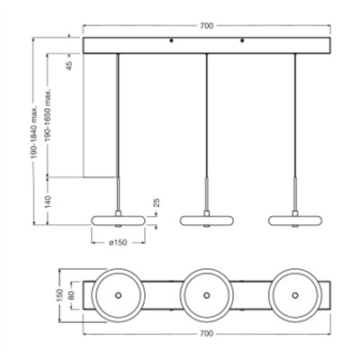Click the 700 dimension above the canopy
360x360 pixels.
coord(207,26)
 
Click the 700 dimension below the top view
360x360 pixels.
coord(207,334)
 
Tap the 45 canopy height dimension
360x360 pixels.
coord(69,66)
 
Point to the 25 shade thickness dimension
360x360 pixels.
coord(157,202)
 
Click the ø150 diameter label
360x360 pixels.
coord(118,243)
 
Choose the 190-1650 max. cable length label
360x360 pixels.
coord(49,114)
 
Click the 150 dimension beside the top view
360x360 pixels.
coord(59,295)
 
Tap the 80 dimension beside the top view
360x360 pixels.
coord(71,295)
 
